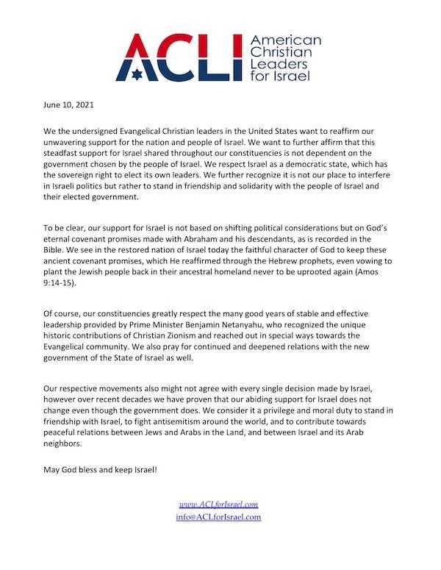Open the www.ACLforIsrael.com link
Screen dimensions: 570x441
[x=219, y=505]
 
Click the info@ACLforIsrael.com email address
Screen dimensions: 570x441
[x=219, y=517]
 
